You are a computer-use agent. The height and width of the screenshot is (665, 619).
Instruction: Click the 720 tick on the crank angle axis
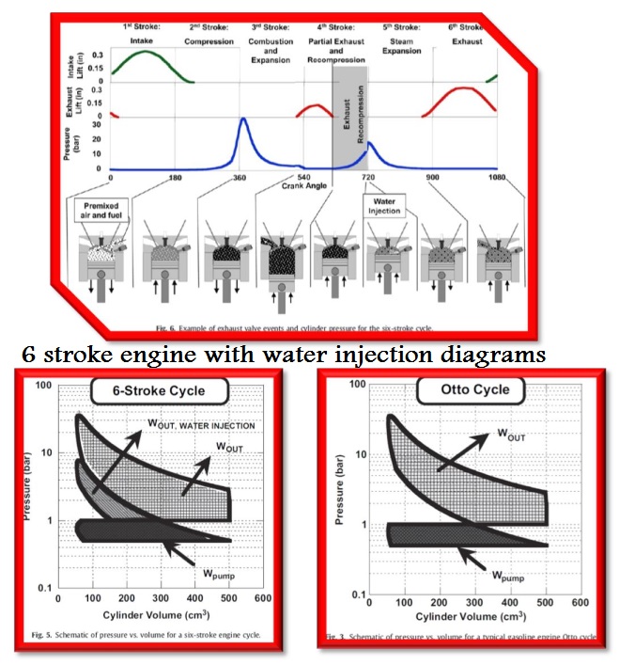click(368, 177)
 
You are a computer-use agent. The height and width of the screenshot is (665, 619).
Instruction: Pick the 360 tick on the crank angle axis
click(240, 177)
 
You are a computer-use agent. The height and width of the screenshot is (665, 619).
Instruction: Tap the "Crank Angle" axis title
click(303, 185)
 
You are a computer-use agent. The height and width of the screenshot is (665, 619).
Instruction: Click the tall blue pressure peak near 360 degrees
click(243, 120)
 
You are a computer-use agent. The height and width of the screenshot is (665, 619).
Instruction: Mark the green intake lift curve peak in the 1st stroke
click(144, 51)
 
